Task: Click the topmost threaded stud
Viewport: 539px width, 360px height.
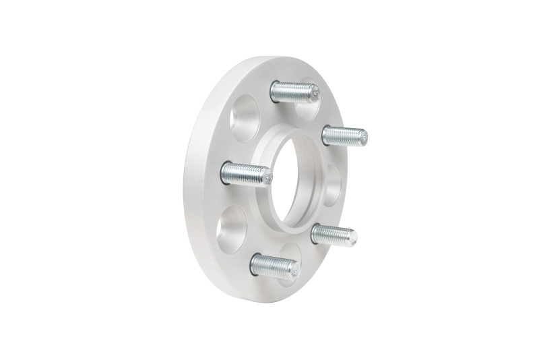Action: (x=294, y=91)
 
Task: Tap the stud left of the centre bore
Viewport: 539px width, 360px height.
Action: (x=247, y=174)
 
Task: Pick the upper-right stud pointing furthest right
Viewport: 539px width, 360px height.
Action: (x=344, y=136)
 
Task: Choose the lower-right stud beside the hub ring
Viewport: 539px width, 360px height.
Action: (x=333, y=235)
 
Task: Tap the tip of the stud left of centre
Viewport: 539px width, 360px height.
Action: (x=267, y=178)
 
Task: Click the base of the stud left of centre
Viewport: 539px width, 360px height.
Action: (x=226, y=171)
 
